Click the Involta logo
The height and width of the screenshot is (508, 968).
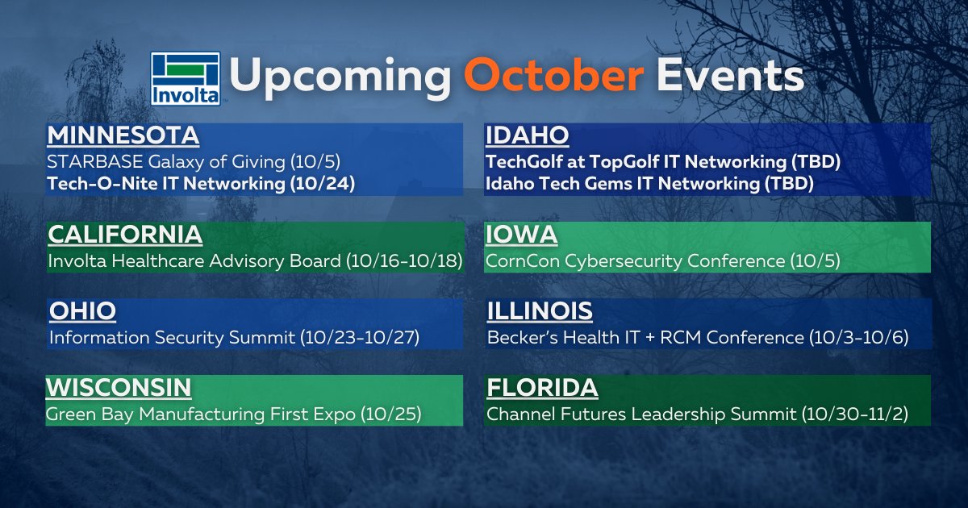tap(186, 78)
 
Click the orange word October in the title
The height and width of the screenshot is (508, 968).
tap(553, 77)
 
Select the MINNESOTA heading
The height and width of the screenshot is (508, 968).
tap(123, 135)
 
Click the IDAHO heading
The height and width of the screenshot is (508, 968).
tap(528, 135)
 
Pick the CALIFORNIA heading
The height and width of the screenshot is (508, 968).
tap(125, 235)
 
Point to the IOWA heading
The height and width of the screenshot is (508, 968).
tap(521, 235)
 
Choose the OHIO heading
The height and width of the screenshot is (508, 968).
tap(82, 311)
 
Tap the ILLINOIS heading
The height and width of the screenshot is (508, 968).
tap(540, 311)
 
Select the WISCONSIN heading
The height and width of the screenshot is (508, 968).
tap(119, 388)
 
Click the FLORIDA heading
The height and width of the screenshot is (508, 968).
tap(542, 388)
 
